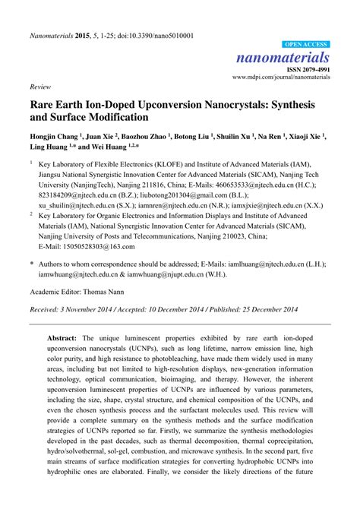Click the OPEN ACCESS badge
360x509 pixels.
pos(306,45)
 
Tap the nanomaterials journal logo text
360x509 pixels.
pos(292,58)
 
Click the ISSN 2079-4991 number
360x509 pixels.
pos(307,69)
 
